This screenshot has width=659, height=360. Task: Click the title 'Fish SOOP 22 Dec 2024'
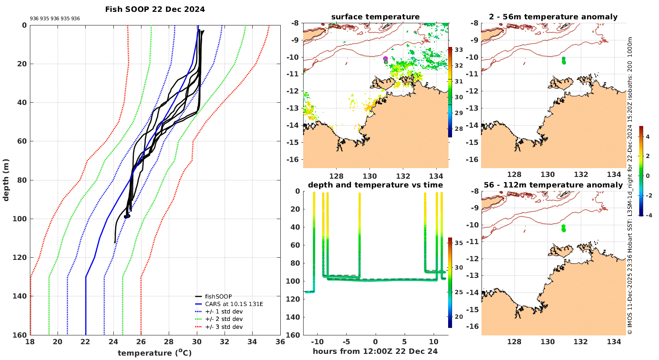(155, 9)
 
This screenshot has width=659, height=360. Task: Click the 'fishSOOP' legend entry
(218, 296)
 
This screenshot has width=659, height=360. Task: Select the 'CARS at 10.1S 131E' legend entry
(234, 304)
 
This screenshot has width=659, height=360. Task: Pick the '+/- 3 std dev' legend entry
(224, 327)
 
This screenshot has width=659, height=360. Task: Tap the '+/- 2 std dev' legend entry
(224, 319)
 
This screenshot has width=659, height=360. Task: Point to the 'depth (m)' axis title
(6, 180)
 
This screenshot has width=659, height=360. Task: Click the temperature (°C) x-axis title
(155, 353)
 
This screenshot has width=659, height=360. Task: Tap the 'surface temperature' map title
(375, 17)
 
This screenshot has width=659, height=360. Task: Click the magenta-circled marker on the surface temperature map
(385, 58)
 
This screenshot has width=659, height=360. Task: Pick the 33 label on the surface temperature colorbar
(459, 50)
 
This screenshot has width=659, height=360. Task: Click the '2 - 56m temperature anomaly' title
(553, 17)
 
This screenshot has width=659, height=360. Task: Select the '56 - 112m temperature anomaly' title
(553, 185)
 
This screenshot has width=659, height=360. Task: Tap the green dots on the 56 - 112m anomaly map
(564, 228)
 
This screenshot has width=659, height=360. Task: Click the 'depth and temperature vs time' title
(375, 185)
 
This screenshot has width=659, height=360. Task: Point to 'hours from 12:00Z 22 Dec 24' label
(375, 351)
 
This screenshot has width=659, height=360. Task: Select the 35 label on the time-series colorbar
(459, 243)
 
